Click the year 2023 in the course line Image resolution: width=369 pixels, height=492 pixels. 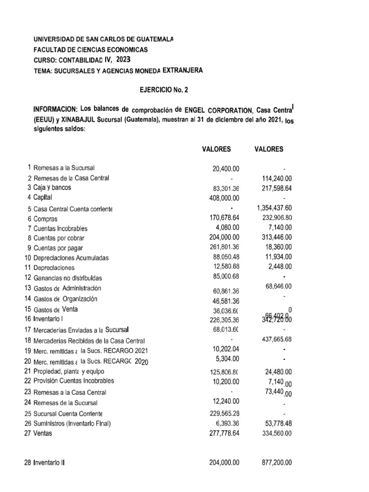[123, 60]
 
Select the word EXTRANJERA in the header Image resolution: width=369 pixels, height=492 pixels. [183, 70]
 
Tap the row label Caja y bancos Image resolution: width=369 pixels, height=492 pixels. [52, 187]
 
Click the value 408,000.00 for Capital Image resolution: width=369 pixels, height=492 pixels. [223, 197]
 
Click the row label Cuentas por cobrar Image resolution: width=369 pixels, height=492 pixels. [61, 238]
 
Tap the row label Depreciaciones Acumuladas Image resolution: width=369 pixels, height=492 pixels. [71, 258]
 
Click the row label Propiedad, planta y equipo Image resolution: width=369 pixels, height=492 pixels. [68, 371]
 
